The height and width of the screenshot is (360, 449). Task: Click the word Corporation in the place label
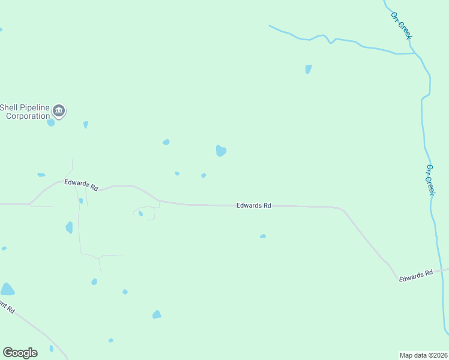[28, 116]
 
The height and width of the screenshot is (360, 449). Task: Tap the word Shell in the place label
[10, 107]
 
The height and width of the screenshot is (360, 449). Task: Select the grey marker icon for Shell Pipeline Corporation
[59, 110]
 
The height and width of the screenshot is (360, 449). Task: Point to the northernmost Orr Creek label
[401, 26]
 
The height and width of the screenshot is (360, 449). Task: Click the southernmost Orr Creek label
[430, 179]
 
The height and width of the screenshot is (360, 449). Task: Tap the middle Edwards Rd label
[253, 205]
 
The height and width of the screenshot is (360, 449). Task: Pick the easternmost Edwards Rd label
[416, 275]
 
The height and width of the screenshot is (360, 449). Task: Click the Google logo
[20, 352]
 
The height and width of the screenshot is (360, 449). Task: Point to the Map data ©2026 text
[423, 355]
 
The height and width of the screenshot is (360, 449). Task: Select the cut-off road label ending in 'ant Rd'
[7, 308]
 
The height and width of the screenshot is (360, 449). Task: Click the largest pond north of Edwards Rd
[221, 150]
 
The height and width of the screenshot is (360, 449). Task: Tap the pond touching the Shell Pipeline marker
[51, 122]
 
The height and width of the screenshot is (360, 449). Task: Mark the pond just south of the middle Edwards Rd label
[263, 236]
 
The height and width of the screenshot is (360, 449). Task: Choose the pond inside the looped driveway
[140, 213]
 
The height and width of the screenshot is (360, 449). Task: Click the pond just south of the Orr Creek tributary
[308, 69]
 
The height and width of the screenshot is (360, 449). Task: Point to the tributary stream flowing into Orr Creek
[336, 40]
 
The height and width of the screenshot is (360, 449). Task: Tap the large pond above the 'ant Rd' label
[7, 289]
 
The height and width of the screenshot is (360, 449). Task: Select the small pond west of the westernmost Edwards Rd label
[41, 175]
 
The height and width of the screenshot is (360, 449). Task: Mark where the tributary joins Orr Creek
[415, 53]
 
